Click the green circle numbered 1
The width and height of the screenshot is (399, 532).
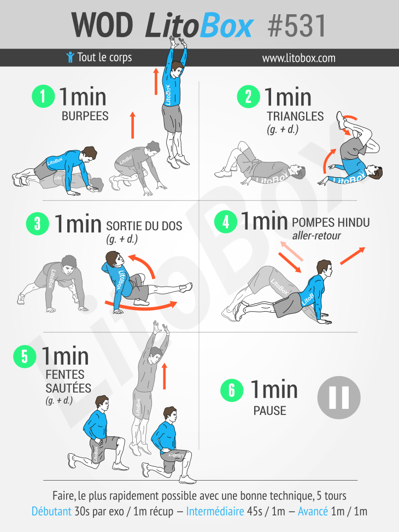43,96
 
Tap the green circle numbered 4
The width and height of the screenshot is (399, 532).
226,222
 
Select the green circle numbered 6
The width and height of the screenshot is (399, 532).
232,390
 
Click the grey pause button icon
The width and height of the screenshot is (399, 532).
339,397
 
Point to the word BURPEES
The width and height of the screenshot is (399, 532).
85,116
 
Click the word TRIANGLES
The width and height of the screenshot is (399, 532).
295,116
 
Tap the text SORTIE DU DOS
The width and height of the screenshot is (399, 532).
144,226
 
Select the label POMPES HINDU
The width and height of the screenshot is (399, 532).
331,222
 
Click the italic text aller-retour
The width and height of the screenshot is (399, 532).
316,236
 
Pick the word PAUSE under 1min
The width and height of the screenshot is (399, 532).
269,411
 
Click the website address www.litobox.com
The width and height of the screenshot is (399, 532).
298,58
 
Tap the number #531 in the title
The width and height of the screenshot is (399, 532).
297,26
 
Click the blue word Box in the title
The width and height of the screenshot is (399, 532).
226,26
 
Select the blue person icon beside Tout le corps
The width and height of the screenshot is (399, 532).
70,57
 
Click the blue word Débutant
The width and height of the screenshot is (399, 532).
51,511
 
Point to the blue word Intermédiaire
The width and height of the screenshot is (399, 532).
215,511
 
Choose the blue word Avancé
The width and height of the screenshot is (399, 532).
313,511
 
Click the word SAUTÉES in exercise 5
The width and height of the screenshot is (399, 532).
68,388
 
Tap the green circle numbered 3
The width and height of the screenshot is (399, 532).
37,224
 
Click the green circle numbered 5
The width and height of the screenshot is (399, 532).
25,356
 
